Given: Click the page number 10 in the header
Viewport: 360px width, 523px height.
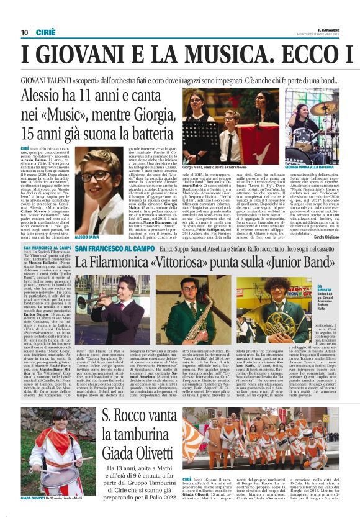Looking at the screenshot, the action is pyautogui.click(x=24, y=32).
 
